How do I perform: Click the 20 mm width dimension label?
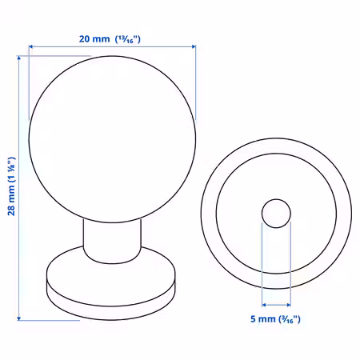click(x=110, y=39)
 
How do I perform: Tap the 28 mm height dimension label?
click(x=11, y=186)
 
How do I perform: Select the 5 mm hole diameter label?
click(x=275, y=319)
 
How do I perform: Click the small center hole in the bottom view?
click(x=276, y=214)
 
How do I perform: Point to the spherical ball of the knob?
click(x=112, y=139)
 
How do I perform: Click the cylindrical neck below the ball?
click(x=112, y=242)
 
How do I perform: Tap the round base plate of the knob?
click(x=111, y=282)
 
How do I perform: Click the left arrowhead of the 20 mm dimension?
click(x=30, y=46)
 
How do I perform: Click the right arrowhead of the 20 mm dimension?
click(x=194, y=46)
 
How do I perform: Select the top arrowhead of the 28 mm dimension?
click(x=18, y=58)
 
